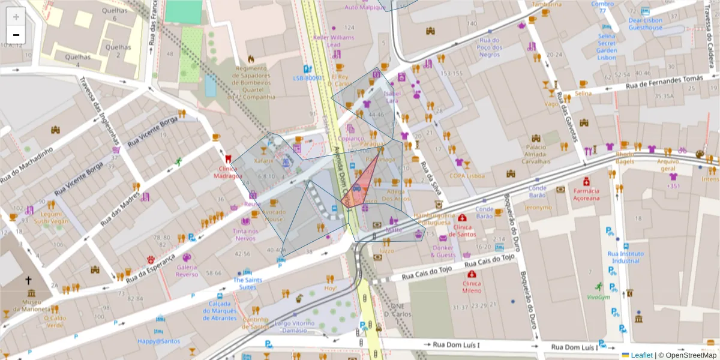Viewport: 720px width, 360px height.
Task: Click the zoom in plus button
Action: (16, 17)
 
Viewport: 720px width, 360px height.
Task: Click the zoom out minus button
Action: (16, 35)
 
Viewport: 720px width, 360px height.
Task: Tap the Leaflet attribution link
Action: (641, 355)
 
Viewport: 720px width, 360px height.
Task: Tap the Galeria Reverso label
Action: (187, 271)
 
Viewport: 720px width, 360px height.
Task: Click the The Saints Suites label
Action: (247, 283)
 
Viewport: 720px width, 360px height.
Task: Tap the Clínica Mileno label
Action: (472, 287)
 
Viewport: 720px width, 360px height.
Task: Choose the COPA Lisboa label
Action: (467, 176)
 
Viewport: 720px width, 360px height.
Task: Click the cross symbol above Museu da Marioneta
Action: (28, 280)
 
